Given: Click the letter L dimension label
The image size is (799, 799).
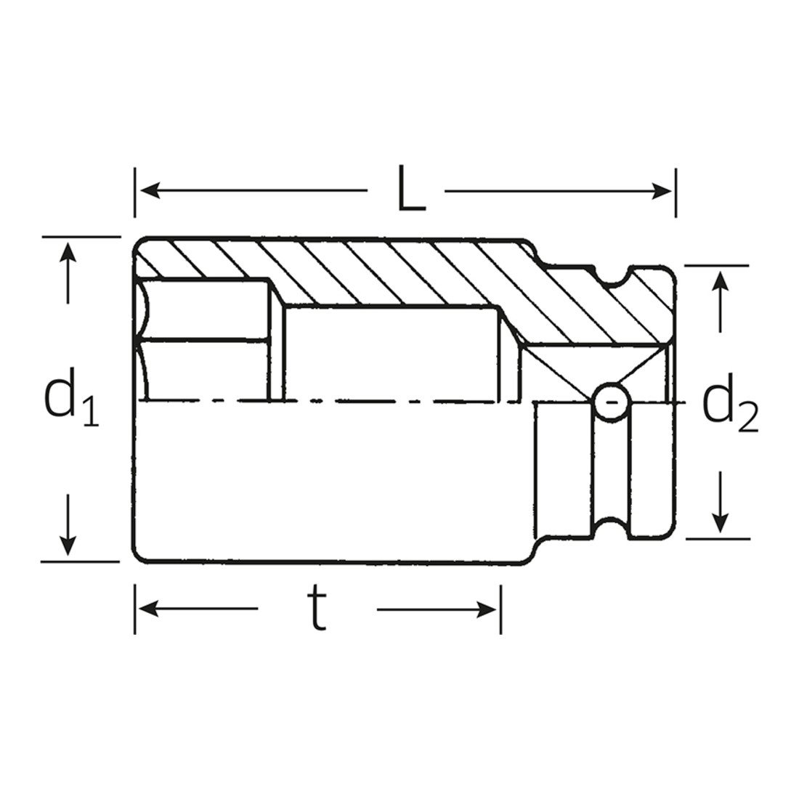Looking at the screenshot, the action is pyautogui.click(x=411, y=188).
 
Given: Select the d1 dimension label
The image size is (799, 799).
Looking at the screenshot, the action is pyautogui.click(x=72, y=397).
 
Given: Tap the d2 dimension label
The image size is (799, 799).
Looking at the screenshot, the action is pyautogui.click(x=730, y=403).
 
